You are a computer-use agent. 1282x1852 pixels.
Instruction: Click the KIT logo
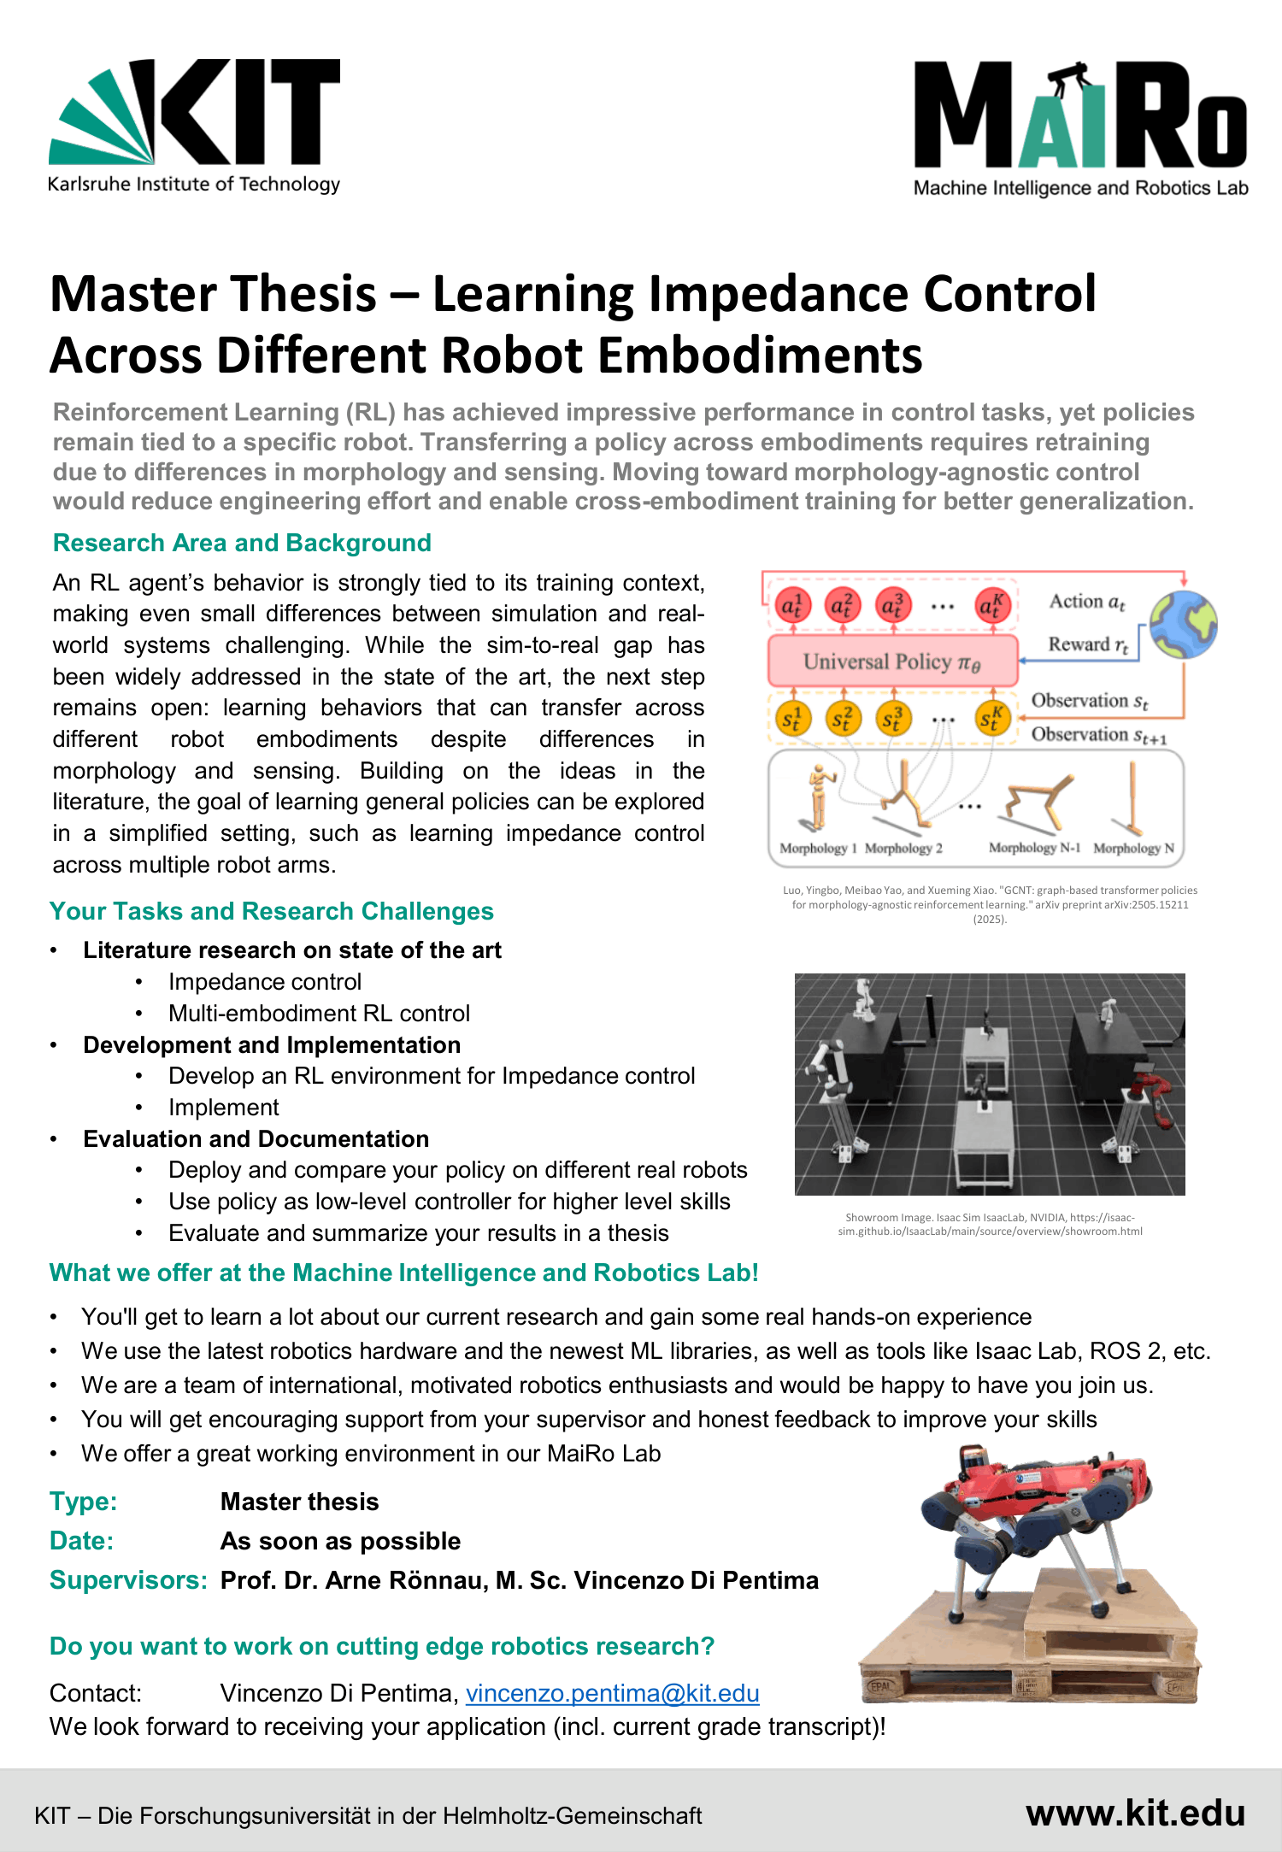195,125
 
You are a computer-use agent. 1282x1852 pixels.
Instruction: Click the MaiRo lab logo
1080,128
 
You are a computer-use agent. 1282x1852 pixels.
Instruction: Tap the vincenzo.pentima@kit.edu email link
612,1693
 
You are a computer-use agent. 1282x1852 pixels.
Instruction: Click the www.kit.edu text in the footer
1135,1813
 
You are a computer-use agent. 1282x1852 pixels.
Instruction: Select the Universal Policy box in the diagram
892,661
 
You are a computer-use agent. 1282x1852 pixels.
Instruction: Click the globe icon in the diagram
1183,624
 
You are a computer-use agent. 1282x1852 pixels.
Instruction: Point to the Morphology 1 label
817,848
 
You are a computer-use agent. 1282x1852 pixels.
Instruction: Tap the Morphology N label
1133,848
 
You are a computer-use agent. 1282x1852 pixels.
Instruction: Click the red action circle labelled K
992,606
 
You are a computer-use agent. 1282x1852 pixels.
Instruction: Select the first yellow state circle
792,720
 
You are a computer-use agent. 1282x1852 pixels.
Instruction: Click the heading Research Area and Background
242,543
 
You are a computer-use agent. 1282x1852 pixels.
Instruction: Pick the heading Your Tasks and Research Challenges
272,911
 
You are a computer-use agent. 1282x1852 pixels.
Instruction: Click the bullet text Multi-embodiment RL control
319,1013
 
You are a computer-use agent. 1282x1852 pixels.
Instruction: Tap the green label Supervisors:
128,1580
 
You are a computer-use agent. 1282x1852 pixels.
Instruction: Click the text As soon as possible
340,1541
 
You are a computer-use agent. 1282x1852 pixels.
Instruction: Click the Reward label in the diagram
1087,644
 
